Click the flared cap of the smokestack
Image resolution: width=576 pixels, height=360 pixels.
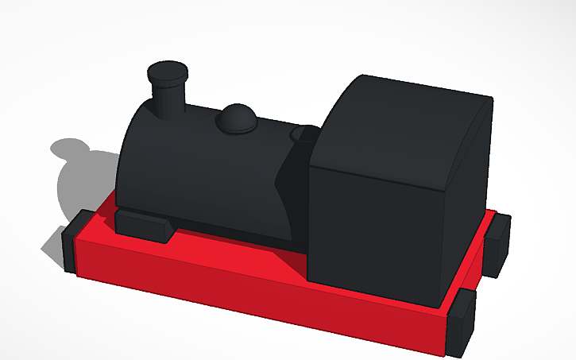[x=169, y=72]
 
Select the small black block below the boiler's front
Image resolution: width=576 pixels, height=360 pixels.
[x=144, y=225]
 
